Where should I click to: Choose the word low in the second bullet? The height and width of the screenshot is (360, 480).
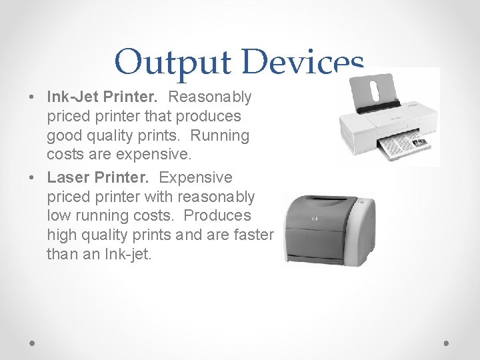coord(58,215)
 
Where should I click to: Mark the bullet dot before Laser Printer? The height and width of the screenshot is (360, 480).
coord(33,178)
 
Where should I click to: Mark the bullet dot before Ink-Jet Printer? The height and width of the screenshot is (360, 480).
coord(33,97)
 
